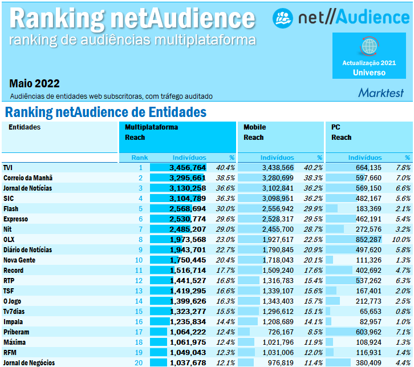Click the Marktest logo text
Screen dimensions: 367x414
380,92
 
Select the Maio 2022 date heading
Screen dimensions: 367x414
34,84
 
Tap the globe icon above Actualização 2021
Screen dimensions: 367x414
369,45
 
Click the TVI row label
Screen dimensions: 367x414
8,168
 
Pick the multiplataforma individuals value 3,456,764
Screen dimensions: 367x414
187,168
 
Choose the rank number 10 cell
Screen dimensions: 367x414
139,260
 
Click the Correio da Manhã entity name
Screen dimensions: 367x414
27,178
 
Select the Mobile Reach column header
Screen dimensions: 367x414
254,132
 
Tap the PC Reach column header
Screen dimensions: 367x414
342,132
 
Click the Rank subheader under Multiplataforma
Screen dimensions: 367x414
140,158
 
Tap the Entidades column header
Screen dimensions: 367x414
25,127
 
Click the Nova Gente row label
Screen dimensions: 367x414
21,260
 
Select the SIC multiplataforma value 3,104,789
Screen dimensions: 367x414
187,199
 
